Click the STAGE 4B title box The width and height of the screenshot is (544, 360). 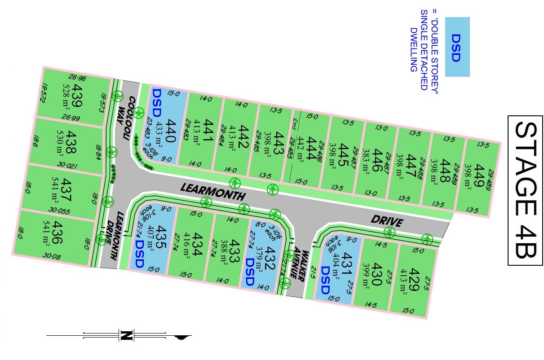[x=525, y=190]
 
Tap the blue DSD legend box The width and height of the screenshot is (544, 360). [x=457, y=47]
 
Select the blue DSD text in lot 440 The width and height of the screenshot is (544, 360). [x=157, y=102]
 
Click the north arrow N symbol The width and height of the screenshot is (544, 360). [x=126, y=335]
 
